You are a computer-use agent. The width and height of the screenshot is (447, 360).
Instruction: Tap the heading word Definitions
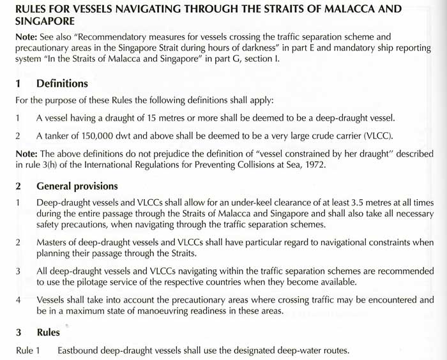pyautogui.click(x=63, y=84)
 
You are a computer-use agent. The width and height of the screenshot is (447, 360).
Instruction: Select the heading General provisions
pyautogui.click(x=77, y=186)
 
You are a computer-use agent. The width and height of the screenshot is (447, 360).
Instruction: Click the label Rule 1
pyautogui.click(x=28, y=350)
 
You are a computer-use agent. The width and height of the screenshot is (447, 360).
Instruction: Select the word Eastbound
pyautogui.click(x=80, y=350)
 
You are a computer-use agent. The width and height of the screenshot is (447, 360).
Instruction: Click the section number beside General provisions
pyautogui.click(x=19, y=186)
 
